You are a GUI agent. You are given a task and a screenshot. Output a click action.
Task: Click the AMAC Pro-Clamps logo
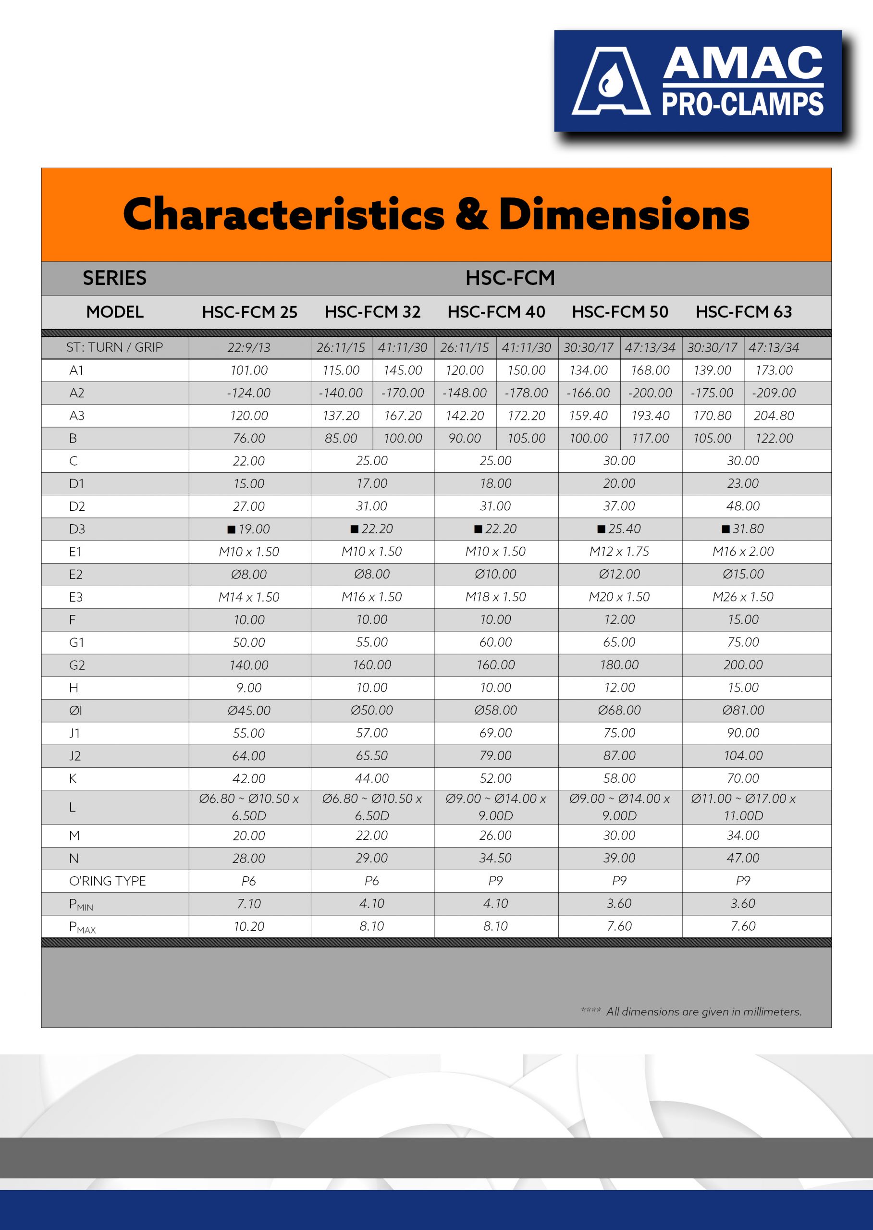click(x=698, y=81)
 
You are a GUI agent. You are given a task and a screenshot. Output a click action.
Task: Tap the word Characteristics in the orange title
click(x=283, y=214)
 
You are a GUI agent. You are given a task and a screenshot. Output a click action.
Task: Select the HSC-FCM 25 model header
click(x=249, y=312)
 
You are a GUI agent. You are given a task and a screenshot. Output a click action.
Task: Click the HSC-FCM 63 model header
click(x=743, y=312)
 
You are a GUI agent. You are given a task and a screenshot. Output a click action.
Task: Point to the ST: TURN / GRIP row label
click(x=114, y=347)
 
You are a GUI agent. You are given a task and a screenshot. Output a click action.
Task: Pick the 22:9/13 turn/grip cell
click(x=249, y=348)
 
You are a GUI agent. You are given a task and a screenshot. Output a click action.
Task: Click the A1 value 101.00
click(x=249, y=370)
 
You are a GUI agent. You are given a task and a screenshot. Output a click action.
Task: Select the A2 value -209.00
click(x=774, y=393)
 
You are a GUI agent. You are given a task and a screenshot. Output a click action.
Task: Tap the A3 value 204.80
click(x=774, y=416)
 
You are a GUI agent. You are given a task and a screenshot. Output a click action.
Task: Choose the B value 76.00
click(x=249, y=438)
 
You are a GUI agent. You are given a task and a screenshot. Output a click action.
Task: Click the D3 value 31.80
click(x=743, y=529)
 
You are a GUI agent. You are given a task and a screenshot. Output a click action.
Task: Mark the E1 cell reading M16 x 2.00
click(x=743, y=552)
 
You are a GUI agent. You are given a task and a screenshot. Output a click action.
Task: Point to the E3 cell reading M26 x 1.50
click(x=743, y=597)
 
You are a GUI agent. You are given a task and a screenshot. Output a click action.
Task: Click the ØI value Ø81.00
click(x=743, y=710)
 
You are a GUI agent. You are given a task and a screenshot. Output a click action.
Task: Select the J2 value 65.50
click(x=371, y=755)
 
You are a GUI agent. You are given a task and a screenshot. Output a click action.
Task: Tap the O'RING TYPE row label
click(x=108, y=881)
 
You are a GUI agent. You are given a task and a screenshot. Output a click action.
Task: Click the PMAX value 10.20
click(x=249, y=926)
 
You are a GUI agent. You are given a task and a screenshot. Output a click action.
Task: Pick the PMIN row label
click(x=81, y=904)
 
